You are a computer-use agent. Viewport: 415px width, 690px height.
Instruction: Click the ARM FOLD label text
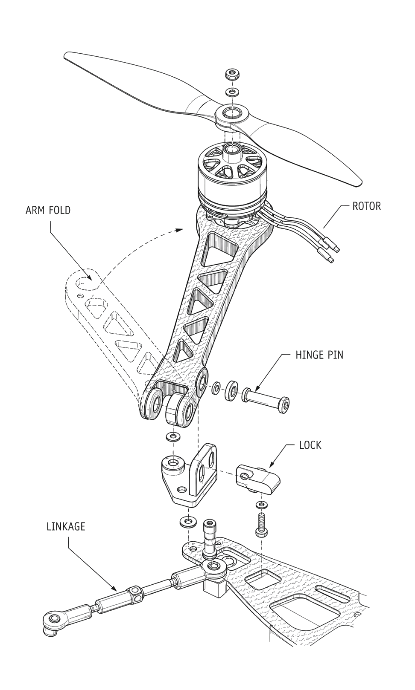tap(48, 210)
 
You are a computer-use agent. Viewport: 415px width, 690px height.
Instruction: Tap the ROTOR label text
tap(366, 206)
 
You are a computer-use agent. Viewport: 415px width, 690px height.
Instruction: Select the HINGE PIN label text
tap(319, 355)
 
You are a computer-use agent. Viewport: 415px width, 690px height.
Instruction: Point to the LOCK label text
tap(310, 445)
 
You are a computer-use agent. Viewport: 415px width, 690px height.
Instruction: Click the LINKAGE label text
tap(66, 526)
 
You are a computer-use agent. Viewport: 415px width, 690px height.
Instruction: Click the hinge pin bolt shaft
tap(266, 400)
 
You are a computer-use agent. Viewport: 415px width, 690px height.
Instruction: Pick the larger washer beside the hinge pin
tap(231, 392)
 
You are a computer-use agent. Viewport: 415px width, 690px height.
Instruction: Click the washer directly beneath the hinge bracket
tap(187, 522)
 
